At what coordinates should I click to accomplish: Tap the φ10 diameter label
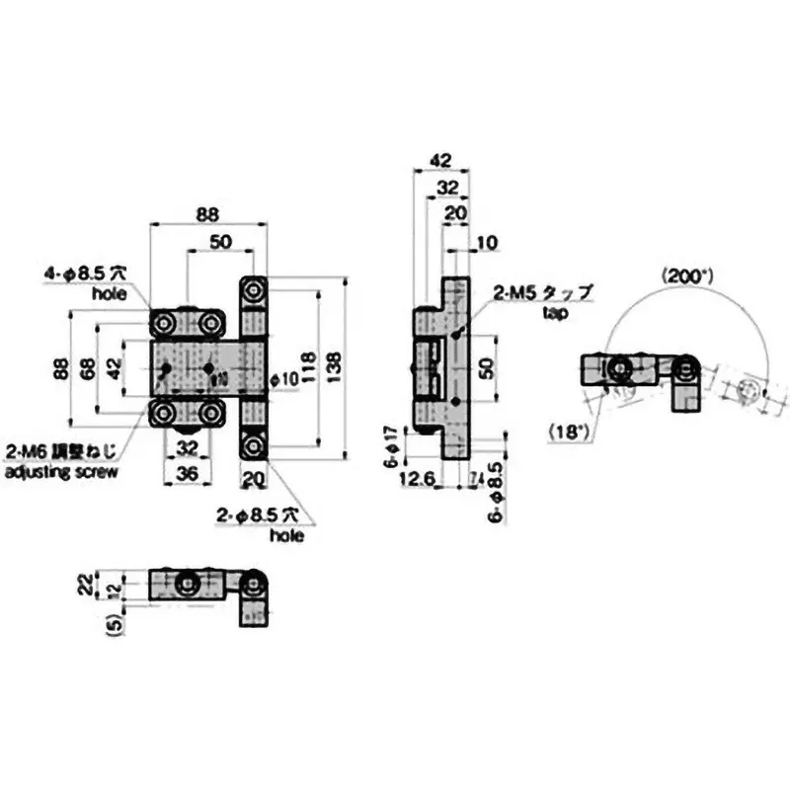click(284, 378)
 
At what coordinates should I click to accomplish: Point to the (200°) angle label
click(687, 277)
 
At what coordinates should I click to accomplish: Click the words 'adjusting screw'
click(61, 473)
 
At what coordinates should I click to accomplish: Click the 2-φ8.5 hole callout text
click(264, 515)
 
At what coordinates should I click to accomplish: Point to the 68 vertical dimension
click(88, 367)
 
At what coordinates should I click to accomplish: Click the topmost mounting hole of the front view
click(254, 290)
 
